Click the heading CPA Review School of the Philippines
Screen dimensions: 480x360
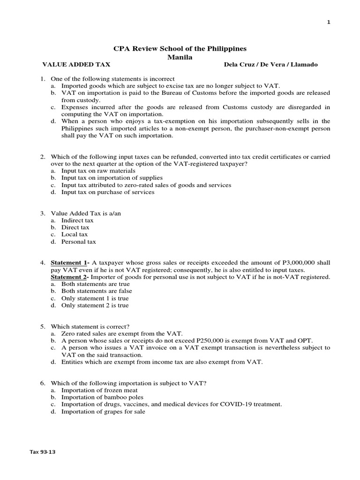point(180,49)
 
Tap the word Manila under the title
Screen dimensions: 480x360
point(180,57)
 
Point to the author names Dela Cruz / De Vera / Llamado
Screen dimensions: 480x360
point(271,65)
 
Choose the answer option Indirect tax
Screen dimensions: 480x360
point(77,220)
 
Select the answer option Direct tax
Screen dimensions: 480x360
point(75,227)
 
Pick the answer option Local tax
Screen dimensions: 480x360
point(75,234)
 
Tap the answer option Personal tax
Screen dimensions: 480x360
point(78,242)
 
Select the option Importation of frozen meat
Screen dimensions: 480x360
point(99,390)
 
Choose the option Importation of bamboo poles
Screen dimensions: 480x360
point(102,397)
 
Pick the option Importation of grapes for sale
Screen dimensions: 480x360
point(103,412)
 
